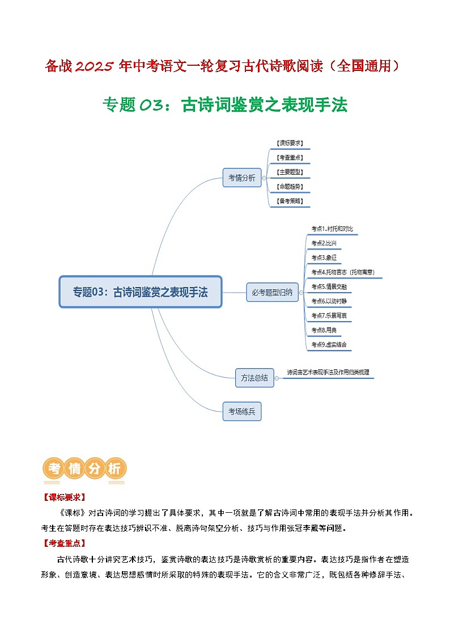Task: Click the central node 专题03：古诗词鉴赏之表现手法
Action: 141,292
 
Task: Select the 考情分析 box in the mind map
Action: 242,178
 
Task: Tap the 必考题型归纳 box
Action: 273,293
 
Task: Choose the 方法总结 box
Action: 254,378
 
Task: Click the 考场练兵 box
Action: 242,411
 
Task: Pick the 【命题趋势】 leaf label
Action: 289,186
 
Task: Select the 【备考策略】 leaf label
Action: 289,201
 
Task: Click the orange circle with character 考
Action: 54,469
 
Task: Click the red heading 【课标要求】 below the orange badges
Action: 63,497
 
